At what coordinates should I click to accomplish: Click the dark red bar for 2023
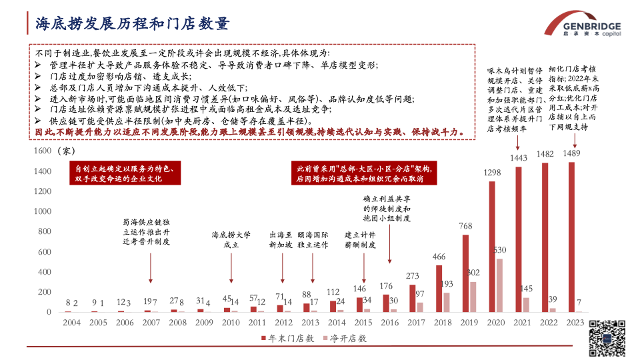point(571,237)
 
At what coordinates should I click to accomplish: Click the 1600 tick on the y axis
point(42,151)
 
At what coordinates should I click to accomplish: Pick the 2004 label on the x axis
point(72,323)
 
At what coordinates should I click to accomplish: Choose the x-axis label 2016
point(389,323)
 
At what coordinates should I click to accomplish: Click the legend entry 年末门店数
point(289,339)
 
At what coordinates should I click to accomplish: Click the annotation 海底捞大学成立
point(231,240)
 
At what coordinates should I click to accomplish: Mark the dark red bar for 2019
point(465,273)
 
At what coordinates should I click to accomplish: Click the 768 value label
point(465,227)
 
